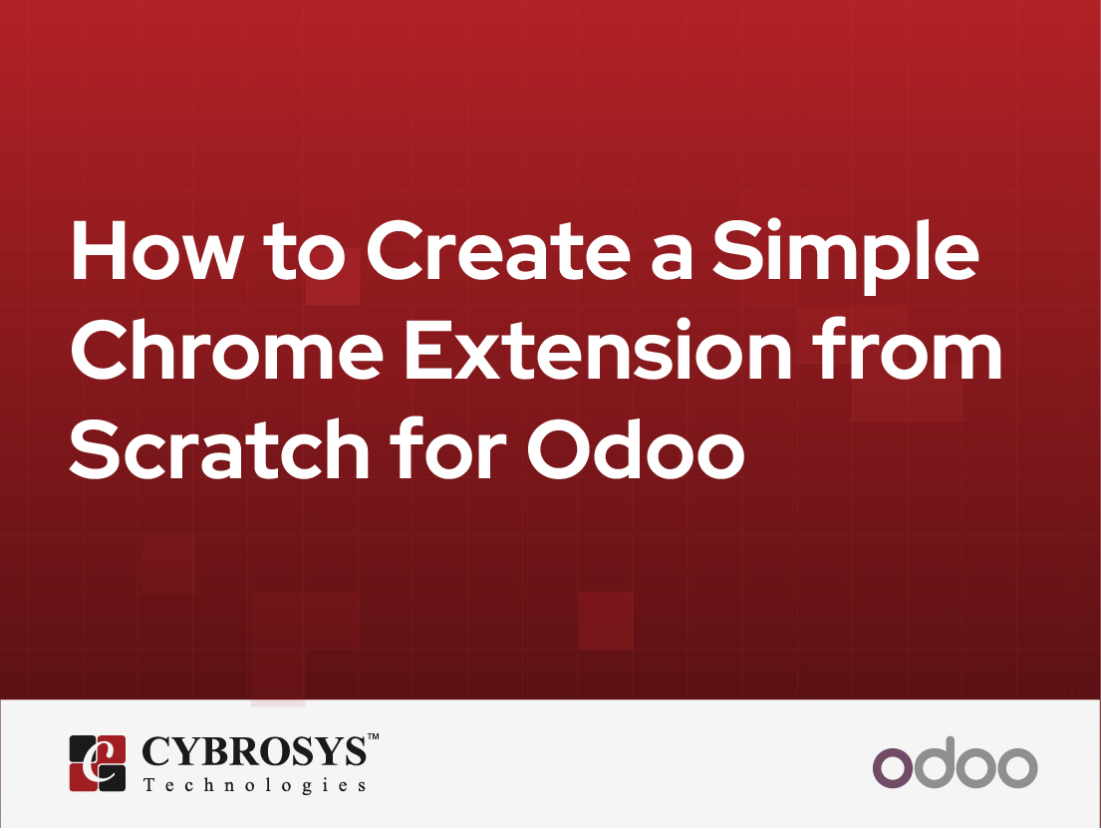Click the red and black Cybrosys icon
pyautogui.click(x=98, y=762)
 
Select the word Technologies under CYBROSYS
pyautogui.click(x=254, y=786)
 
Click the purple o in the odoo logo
pyautogui.click(x=893, y=767)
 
